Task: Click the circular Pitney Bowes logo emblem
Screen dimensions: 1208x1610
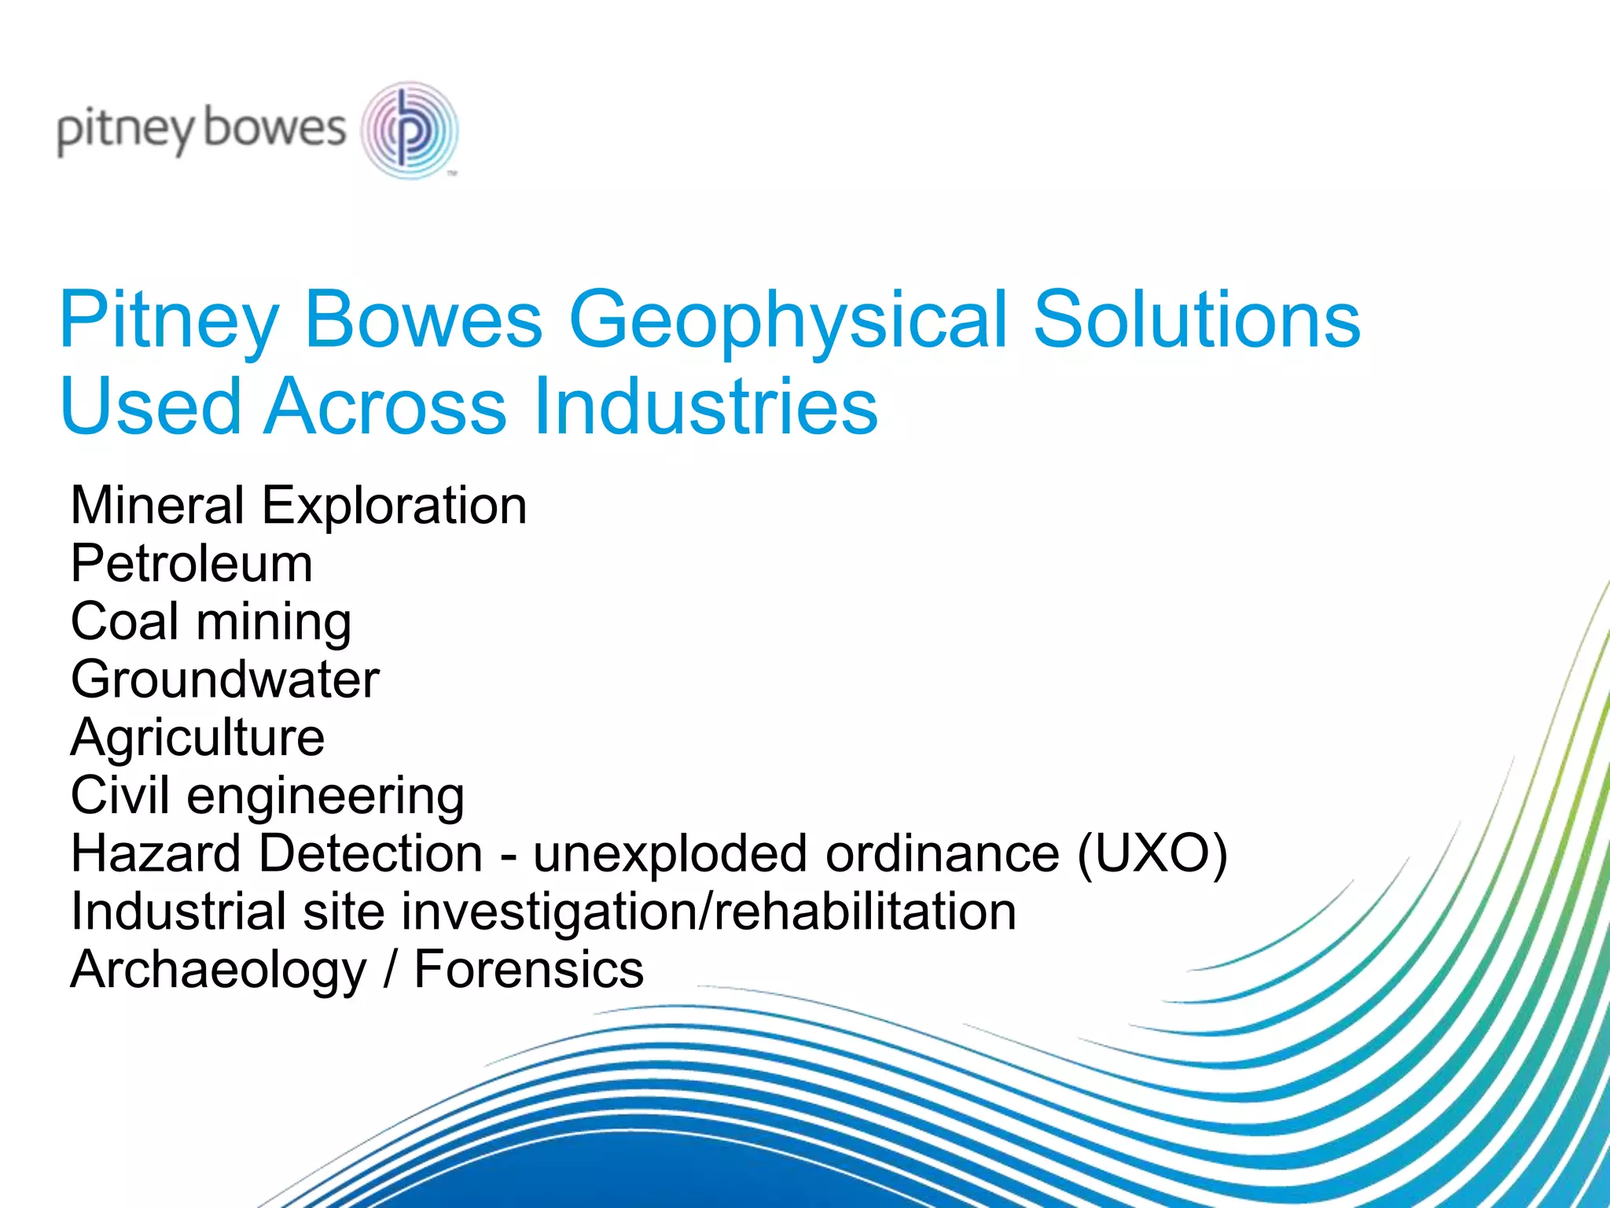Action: (x=409, y=130)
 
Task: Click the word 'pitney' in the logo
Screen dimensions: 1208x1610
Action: (x=125, y=130)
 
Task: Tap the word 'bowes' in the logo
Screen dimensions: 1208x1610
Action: (x=274, y=128)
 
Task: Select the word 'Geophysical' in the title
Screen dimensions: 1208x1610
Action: (x=787, y=320)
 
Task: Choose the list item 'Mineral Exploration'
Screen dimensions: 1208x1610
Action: (x=299, y=505)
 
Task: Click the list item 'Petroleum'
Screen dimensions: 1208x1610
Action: (x=192, y=563)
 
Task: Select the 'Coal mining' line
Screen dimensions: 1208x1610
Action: (x=211, y=621)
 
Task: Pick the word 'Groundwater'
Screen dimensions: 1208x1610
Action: (x=225, y=679)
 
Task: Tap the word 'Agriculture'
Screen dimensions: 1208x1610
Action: (x=197, y=738)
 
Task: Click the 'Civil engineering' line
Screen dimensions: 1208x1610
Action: (x=267, y=796)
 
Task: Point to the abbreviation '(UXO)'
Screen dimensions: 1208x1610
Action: (x=1152, y=854)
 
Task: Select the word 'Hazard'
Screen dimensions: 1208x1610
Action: (x=156, y=854)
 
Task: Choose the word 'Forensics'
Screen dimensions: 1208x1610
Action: (x=528, y=969)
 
